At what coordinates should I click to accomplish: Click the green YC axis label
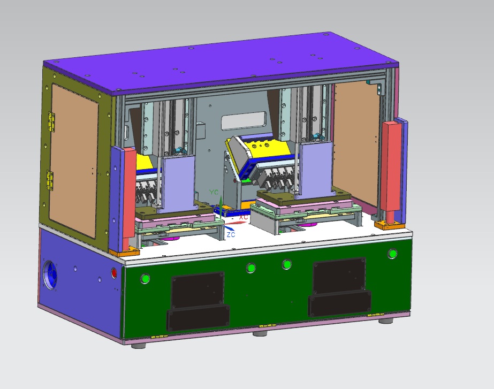click(214, 192)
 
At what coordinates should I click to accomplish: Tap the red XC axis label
click(244, 217)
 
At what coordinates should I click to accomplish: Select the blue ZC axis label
click(231, 235)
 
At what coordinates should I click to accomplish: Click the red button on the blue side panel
click(114, 273)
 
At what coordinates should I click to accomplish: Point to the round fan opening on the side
click(50, 274)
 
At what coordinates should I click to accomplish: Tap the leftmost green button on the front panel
click(145, 279)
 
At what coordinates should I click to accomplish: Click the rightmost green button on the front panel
click(392, 254)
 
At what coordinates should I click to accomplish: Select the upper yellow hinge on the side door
click(51, 121)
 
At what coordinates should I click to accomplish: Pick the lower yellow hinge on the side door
click(50, 180)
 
